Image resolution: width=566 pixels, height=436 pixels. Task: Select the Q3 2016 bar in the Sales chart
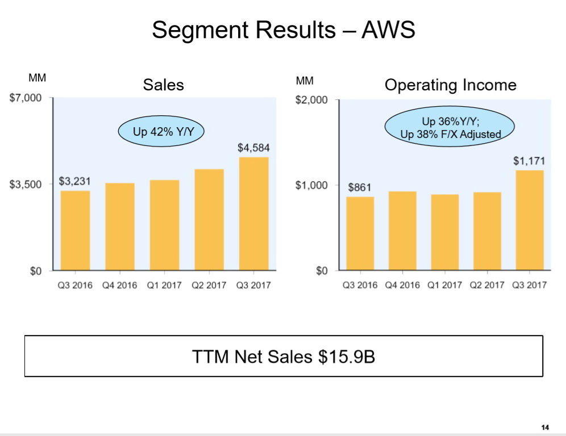[75, 230]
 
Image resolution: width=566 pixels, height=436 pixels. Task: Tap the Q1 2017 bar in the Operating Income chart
[444, 232]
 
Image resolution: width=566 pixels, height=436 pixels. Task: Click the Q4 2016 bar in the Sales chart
[119, 227]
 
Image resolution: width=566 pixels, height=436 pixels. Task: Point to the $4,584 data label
[253, 148]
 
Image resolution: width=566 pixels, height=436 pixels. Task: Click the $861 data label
[360, 187]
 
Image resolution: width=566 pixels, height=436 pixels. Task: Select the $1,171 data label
[529, 161]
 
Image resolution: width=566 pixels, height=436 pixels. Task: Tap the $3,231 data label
[75, 182]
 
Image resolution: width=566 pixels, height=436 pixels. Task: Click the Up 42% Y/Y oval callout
[161, 132]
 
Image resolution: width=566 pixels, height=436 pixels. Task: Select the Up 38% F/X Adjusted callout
[450, 135]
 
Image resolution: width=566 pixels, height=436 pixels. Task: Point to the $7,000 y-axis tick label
[26, 98]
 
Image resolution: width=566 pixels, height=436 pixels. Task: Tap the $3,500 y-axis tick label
[26, 185]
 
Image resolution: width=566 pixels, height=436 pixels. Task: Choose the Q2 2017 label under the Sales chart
[209, 285]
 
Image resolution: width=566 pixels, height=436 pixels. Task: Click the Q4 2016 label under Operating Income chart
[402, 285]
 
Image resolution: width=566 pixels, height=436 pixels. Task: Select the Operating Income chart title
[450, 85]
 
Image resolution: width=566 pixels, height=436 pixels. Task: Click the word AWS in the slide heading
[391, 30]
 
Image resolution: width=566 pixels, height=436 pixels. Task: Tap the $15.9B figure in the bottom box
[346, 357]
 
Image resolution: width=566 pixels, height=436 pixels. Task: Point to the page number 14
[545, 427]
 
